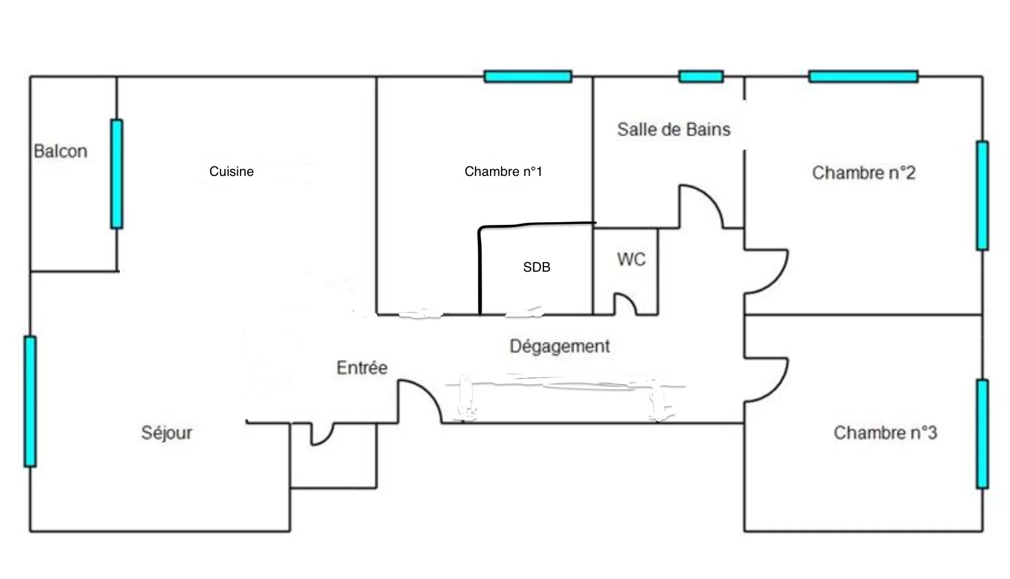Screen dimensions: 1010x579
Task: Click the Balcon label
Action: coord(61,151)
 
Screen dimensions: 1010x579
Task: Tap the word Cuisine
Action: coord(232,171)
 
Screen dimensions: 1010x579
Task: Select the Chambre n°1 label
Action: coord(503,171)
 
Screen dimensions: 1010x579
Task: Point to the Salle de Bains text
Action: coord(674,129)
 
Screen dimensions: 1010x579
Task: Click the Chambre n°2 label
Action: coord(864,173)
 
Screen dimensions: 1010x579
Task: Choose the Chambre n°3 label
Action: coord(885,433)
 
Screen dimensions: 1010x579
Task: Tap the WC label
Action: coord(631,259)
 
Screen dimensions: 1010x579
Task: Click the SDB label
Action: coord(537,267)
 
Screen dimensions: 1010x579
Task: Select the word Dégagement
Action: coord(560,346)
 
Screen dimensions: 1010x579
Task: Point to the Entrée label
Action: coord(362,367)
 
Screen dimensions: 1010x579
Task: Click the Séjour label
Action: coord(166,433)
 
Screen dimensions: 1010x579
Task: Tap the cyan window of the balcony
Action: coord(116,174)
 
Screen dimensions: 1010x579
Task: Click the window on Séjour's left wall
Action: coord(30,401)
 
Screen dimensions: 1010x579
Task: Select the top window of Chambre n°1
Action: coord(528,76)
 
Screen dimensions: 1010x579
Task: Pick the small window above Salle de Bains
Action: coord(701,76)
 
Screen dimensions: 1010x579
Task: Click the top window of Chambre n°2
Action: coord(863,76)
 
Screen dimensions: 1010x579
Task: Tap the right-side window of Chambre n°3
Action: coord(983,434)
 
